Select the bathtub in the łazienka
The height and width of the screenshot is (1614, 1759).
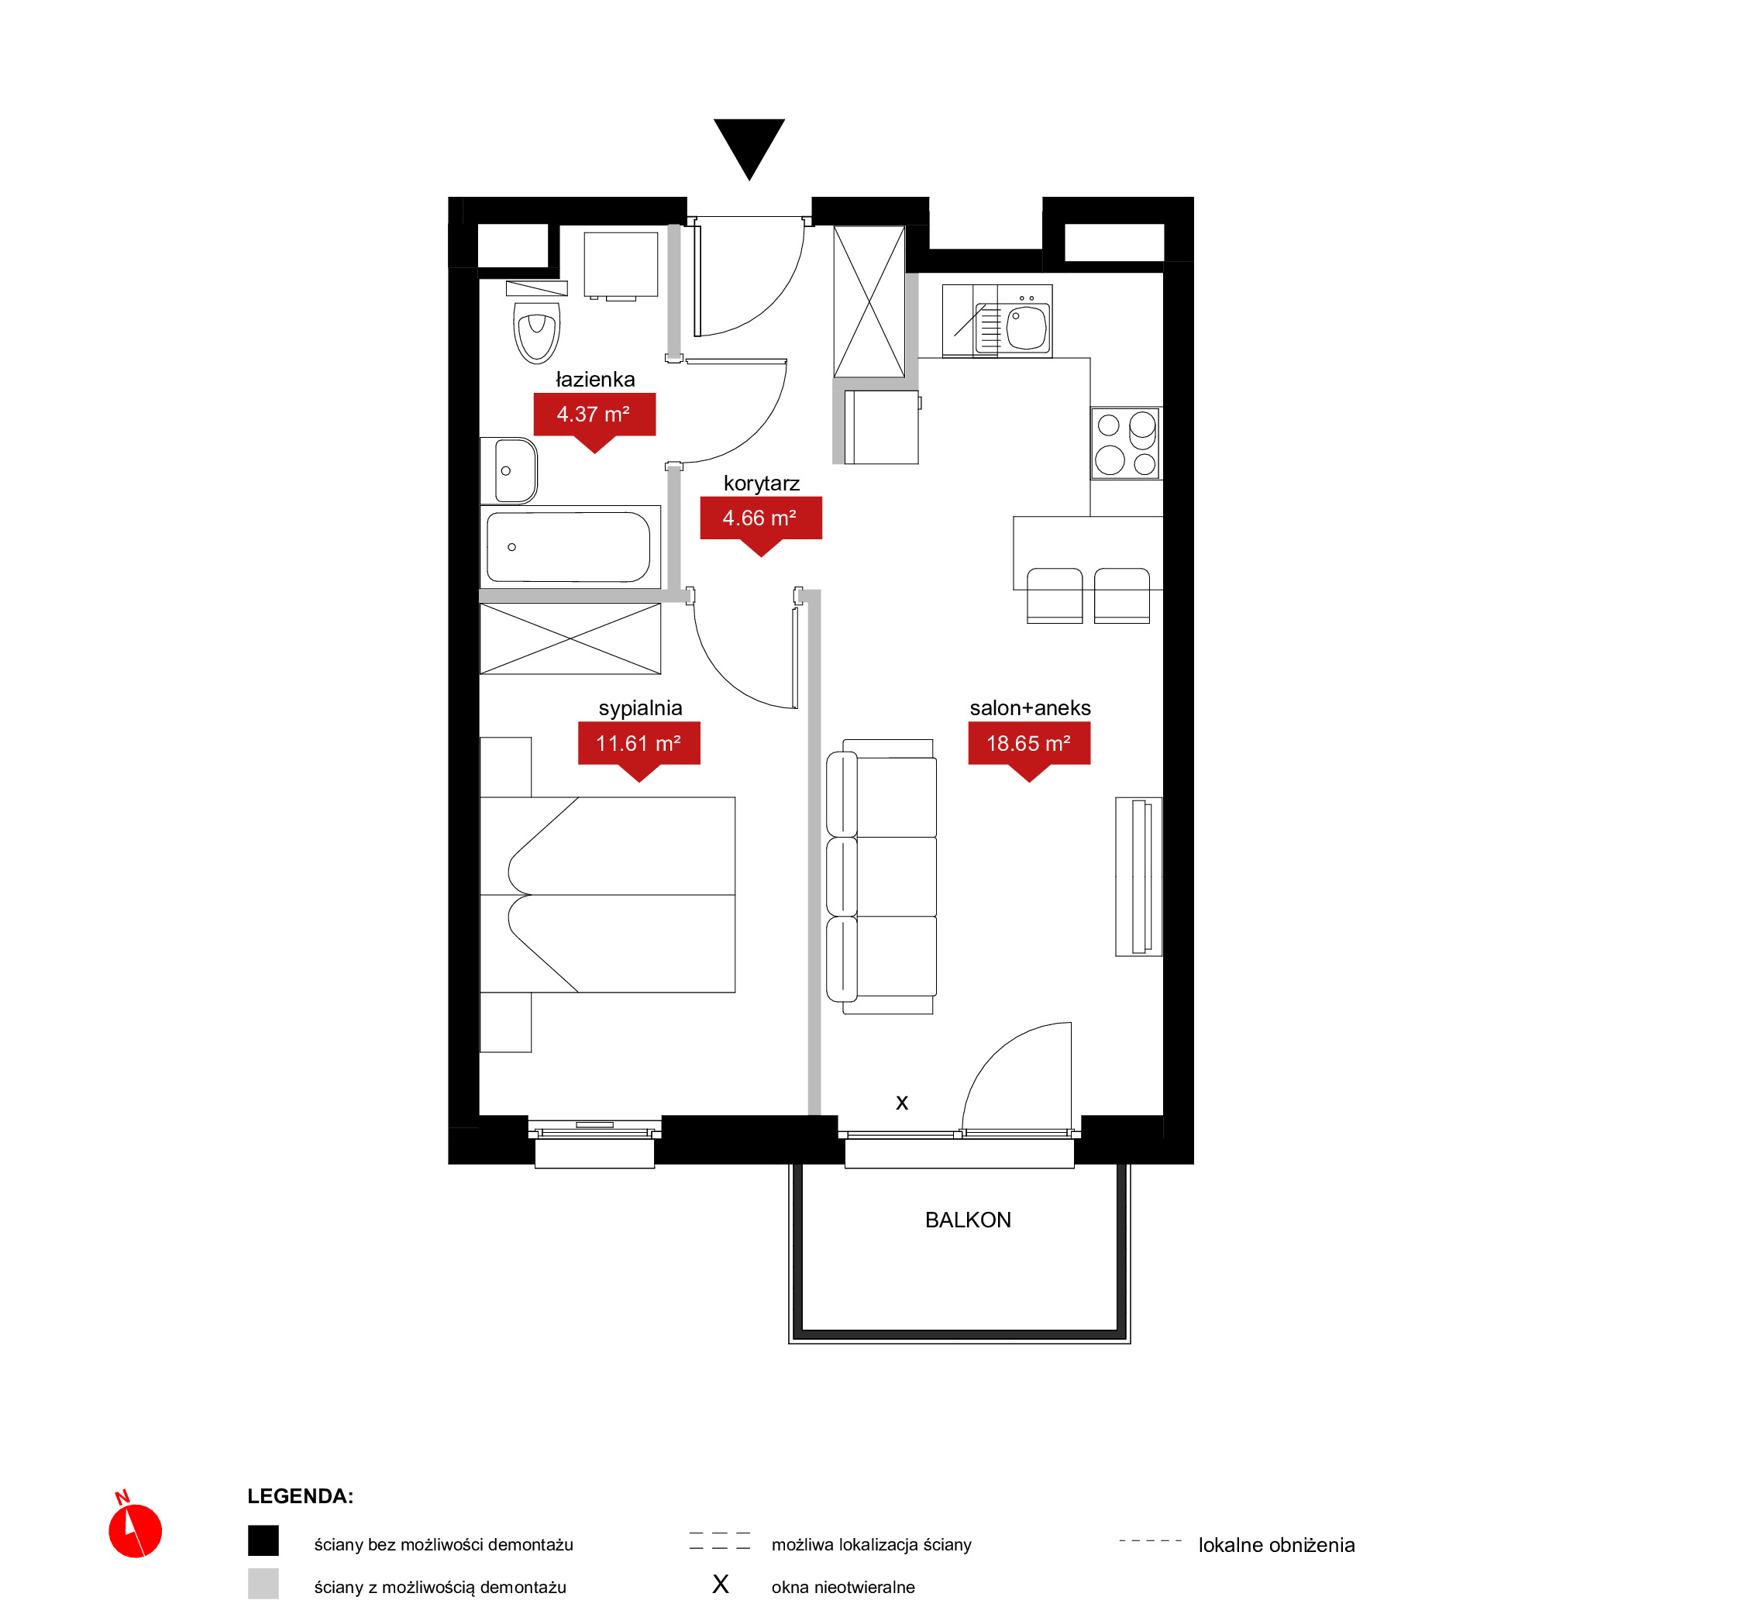tap(570, 547)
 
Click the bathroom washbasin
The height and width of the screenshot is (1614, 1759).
tap(509, 471)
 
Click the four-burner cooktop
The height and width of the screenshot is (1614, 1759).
tap(1126, 442)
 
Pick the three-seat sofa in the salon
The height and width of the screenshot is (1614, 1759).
tap(881, 876)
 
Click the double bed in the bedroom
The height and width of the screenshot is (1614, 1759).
tap(608, 894)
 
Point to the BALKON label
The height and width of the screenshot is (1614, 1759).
tap(968, 1220)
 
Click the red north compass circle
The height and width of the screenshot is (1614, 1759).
tap(136, 1531)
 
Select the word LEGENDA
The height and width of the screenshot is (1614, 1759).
tap(300, 1496)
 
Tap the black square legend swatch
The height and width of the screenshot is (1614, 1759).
tap(263, 1540)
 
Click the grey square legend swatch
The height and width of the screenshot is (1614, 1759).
tap(263, 1584)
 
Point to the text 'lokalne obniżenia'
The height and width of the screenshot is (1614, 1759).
tap(1276, 1545)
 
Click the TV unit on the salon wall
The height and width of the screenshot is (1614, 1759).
tap(1139, 876)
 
